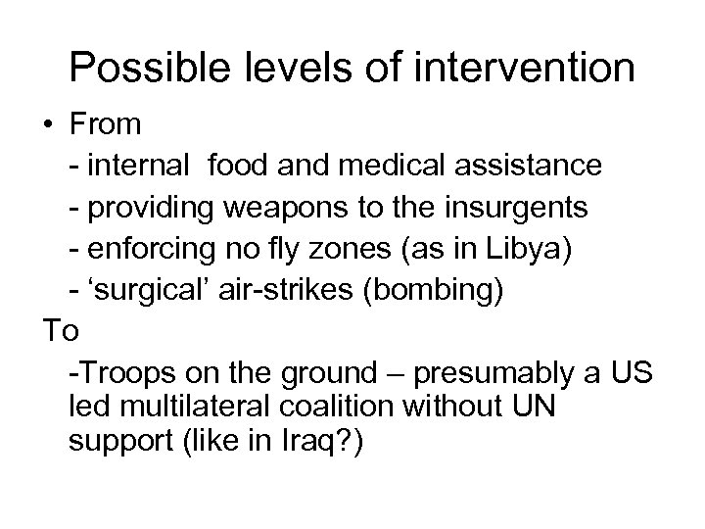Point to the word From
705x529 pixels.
click(x=107, y=125)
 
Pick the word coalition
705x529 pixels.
click(x=346, y=407)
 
